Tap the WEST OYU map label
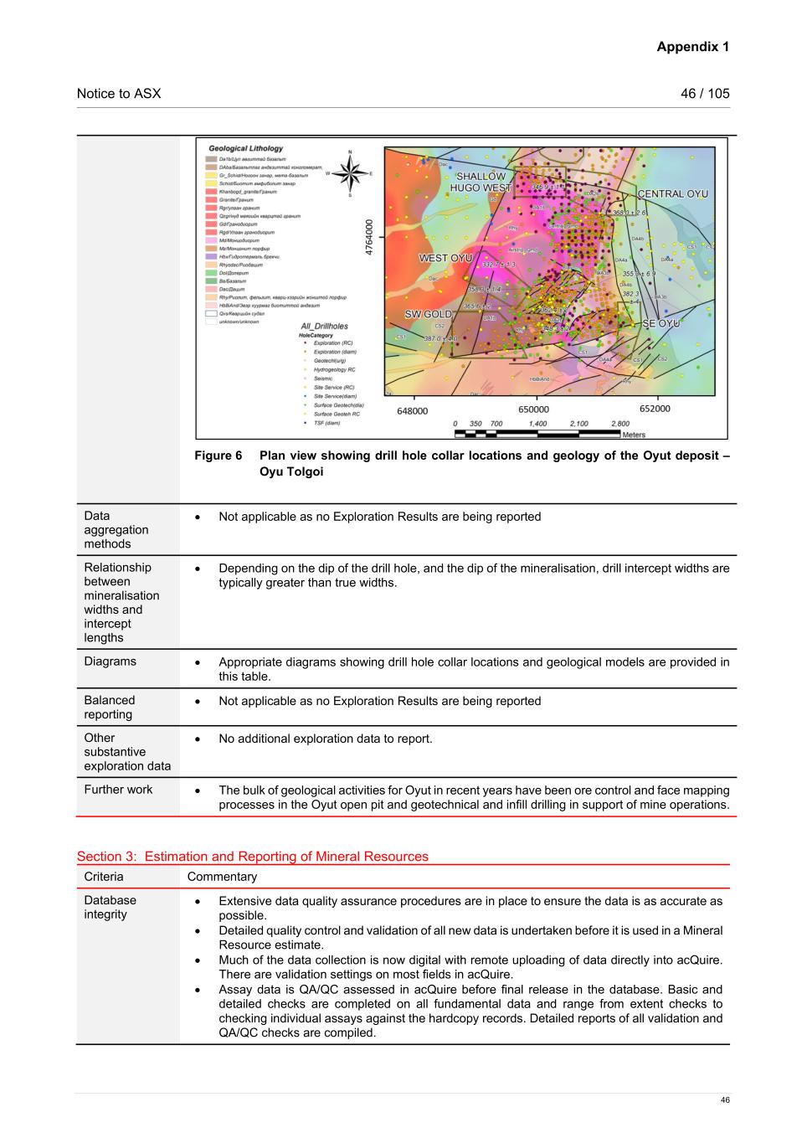click(445, 258)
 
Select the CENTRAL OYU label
click(673, 194)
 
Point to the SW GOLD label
click(429, 314)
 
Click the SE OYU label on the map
click(661, 323)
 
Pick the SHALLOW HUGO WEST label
click(481, 183)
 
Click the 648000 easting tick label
click(412, 410)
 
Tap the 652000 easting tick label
click(655, 409)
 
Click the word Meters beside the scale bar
click(634, 435)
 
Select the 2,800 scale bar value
click(620, 424)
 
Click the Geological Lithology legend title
click(246, 148)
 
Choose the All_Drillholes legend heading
click(324, 326)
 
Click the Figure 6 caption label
click(218, 456)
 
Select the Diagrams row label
click(110, 662)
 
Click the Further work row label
click(118, 790)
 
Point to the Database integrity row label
click(110, 907)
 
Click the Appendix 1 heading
click(692, 47)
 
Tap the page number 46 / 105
click(705, 94)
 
